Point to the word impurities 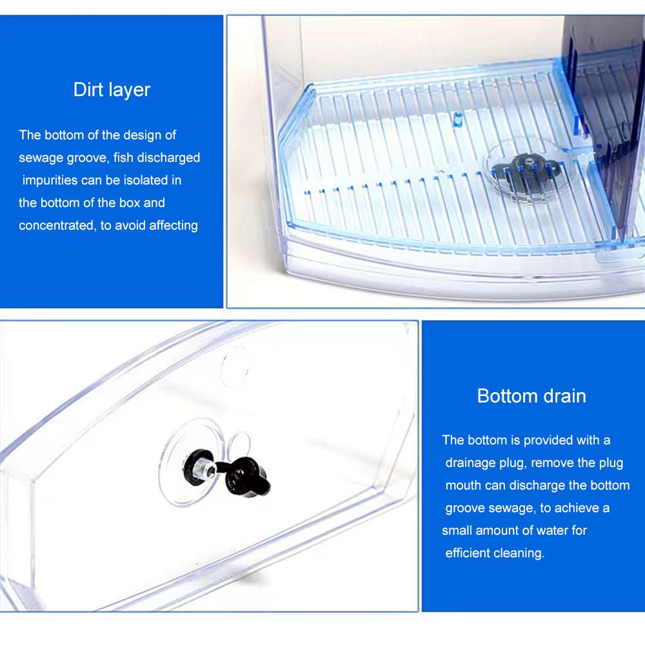pos(49,180)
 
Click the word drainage pos(471,462)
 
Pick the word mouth pos(462,485)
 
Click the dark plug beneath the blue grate pos(521,169)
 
